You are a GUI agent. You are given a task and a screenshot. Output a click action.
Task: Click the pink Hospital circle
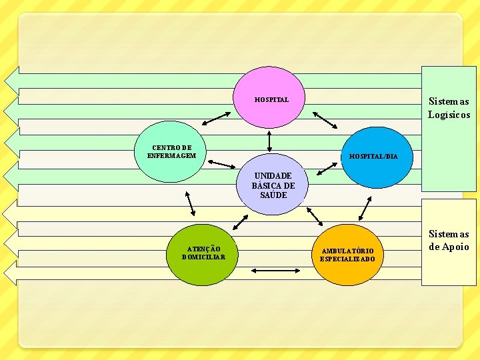coord(269,97)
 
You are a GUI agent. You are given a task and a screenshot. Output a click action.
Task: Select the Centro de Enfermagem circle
coord(170,151)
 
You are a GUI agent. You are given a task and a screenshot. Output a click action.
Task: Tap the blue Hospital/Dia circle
coord(377,157)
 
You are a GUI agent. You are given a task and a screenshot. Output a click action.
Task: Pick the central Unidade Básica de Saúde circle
coord(272,184)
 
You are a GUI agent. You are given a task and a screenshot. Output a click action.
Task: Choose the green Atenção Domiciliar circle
coord(203,255)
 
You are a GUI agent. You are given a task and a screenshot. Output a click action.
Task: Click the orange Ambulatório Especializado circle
coord(347,255)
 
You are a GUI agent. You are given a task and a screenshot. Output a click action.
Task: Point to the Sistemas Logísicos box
coord(449,129)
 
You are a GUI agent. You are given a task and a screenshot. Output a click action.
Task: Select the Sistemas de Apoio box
coord(449,242)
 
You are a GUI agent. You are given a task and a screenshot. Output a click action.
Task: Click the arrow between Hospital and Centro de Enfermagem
coord(217,119)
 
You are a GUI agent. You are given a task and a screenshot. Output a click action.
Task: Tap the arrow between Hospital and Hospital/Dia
coord(325,120)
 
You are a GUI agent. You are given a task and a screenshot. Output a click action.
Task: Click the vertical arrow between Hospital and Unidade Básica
coord(269,141)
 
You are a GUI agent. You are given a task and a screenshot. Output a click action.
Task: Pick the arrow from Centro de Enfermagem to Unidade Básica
coord(221,165)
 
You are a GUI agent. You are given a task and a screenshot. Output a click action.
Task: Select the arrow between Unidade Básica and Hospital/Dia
coord(327,169)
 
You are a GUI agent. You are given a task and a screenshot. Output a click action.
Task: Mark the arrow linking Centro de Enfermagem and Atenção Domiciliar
coord(190,204)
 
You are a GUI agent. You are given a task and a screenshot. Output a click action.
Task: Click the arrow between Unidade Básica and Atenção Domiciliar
coord(240,222)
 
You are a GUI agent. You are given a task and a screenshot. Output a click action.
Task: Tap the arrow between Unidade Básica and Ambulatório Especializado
coord(315,217)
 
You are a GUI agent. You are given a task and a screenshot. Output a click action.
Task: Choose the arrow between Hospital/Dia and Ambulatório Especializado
coord(365,209)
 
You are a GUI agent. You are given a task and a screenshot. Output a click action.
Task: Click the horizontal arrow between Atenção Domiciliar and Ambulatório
coord(275,271)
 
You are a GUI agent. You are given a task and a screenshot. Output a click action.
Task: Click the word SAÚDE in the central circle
coord(273,195)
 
